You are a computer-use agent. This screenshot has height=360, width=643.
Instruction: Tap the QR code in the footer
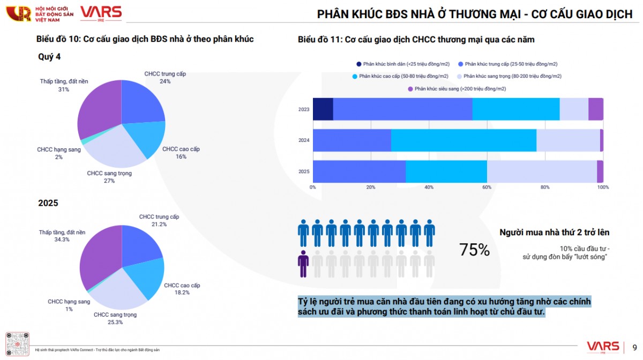pos(18,343)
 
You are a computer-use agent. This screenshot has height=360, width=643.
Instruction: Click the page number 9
pos(635,346)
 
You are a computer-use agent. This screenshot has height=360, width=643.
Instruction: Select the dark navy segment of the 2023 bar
pos(323,109)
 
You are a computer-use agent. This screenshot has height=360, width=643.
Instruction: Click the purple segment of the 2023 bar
pos(595,109)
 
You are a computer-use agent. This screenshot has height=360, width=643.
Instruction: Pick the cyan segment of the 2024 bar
pos(463,140)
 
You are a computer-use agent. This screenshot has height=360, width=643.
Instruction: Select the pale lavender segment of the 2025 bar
pos(542,171)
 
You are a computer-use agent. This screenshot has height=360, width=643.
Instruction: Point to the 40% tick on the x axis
pos(429,187)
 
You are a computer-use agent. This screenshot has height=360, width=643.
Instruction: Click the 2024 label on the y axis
pos(304,141)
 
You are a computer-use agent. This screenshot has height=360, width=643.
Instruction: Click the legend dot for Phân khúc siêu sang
pos(410,89)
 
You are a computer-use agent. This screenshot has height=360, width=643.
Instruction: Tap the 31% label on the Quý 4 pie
pos(64,89)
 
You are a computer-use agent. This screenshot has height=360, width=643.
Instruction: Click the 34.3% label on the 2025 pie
pos(62,239)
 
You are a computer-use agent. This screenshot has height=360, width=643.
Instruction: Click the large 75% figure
pos(474,250)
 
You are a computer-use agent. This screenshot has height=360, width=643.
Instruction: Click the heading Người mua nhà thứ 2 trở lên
pos(554,232)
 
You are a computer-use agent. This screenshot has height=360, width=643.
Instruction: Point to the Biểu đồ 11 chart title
pos(416,40)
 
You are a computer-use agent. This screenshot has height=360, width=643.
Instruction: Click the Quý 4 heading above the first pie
pos(49,57)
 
